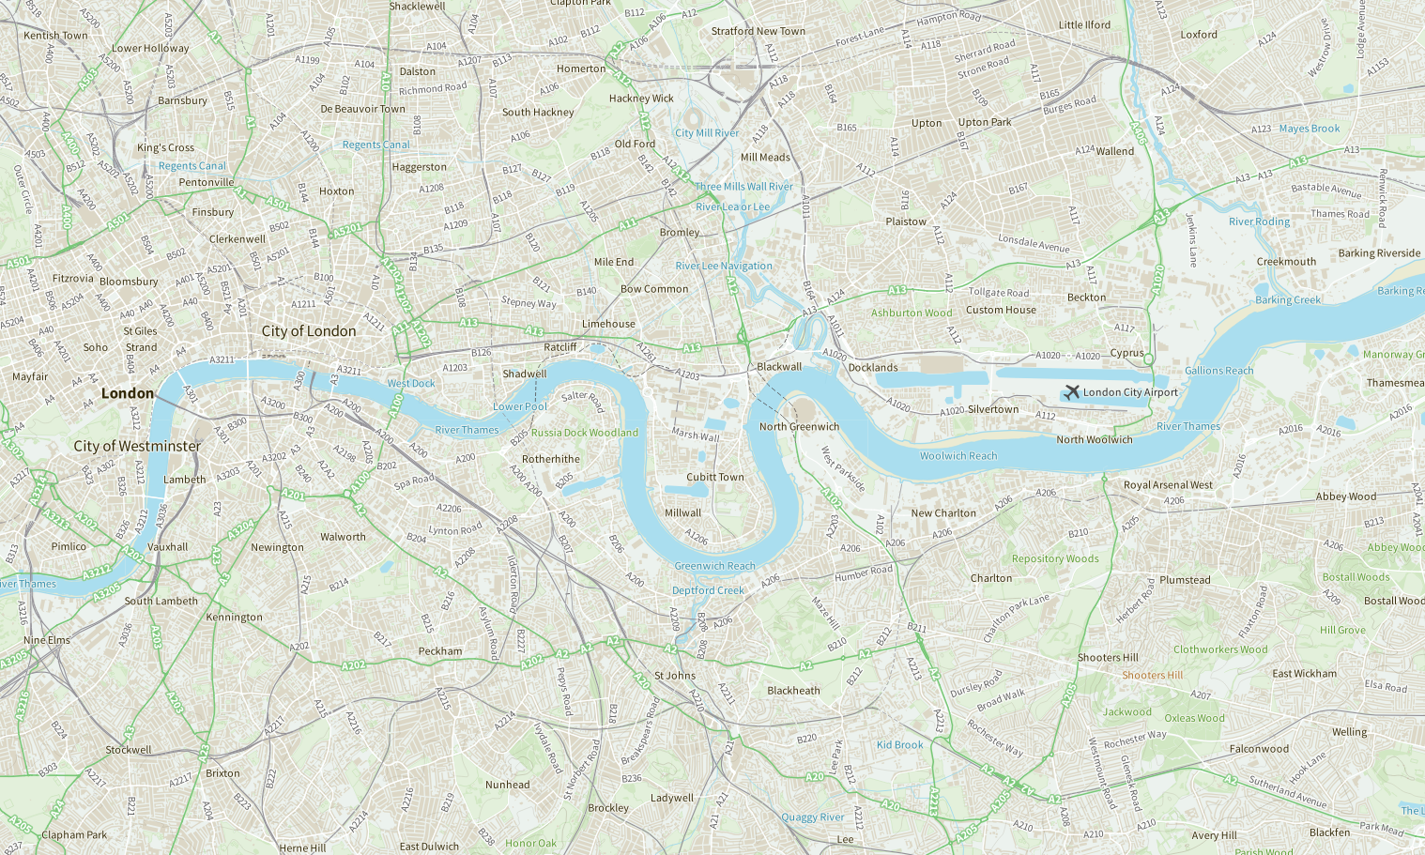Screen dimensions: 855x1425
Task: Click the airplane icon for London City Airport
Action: pos(1071,392)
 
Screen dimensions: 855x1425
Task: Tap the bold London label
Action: pos(128,393)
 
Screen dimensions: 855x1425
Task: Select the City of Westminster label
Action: pos(137,446)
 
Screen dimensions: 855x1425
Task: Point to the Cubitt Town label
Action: pos(714,477)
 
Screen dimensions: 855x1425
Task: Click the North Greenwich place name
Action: pos(799,426)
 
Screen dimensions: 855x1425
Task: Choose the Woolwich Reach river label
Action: pos(958,456)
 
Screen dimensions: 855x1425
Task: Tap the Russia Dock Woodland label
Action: pos(584,433)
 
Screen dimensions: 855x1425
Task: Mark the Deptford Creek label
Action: pos(708,590)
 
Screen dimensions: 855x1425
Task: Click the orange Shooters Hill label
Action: pos(1152,675)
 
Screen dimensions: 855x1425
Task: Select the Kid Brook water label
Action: pos(899,745)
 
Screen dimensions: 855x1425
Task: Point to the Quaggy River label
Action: pos(813,817)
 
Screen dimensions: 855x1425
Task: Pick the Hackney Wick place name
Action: pos(641,98)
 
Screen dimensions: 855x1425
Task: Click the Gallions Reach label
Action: pos(1218,371)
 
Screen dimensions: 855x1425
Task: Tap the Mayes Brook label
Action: pos(1309,129)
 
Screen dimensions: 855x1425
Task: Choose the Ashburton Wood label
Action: pos(911,313)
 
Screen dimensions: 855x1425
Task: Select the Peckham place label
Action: pos(439,650)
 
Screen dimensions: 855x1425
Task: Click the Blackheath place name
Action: pos(793,690)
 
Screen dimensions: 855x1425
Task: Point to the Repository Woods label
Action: pos(1055,558)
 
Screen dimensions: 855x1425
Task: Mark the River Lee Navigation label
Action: pos(724,266)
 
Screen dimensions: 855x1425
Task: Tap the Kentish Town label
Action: pos(55,36)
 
